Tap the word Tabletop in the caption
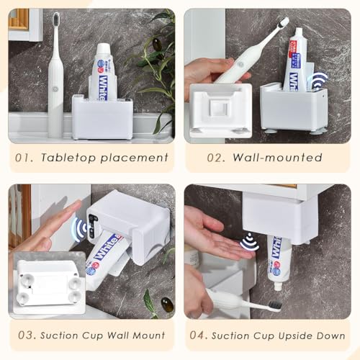75,158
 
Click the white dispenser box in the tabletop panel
102,117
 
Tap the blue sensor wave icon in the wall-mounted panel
318,79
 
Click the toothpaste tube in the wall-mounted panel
295,61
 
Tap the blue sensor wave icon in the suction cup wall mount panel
81,229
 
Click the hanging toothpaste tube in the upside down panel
279,259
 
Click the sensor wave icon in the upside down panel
249,242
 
